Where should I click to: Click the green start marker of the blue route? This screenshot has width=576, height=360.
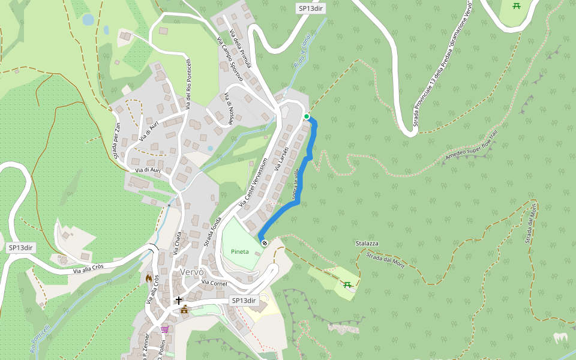point(307,116)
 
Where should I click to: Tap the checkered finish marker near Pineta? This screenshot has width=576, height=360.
point(265,242)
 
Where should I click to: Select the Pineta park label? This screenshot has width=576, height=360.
point(239,252)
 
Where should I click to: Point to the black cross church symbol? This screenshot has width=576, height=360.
point(178,299)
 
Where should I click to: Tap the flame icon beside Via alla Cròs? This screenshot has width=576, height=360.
point(149,278)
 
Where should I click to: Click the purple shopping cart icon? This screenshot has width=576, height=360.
point(164,329)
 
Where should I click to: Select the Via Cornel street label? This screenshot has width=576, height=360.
point(214,283)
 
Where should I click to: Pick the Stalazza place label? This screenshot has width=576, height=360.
point(367,244)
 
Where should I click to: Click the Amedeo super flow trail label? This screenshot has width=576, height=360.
point(472,146)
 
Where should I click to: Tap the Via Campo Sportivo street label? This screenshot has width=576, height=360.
point(226,53)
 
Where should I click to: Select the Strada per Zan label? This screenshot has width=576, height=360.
point(117,138)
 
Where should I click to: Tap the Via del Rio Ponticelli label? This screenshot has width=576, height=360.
point(188,83)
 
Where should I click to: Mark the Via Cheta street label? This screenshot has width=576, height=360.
point(178,245)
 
